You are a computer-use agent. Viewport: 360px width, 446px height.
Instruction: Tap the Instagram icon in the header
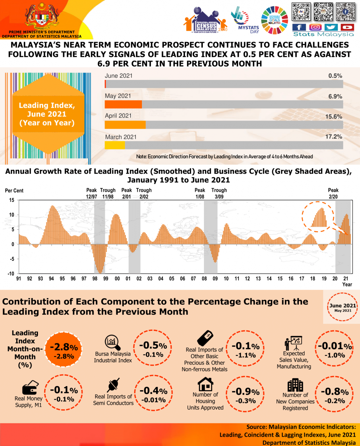coord(315,27)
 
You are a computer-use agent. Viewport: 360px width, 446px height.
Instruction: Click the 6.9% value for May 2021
coord(335,96)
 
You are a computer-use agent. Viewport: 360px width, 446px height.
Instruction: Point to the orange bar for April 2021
coord(125,125)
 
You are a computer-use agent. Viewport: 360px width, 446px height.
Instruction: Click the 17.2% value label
coord(334,137)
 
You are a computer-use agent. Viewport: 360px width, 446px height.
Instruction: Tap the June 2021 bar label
coord(119,76)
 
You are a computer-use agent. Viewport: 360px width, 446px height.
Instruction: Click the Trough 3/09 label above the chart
coord(219,193)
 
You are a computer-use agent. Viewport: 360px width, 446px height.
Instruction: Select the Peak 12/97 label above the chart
coord(91,193)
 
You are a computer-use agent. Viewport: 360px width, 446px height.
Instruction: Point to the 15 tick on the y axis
coord(12,200)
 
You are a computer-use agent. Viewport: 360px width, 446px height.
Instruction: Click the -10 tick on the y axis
coord(11,274)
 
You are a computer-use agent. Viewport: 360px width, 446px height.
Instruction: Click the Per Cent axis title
coord(14,191)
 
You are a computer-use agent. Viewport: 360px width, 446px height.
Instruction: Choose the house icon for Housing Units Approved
coord(205,383)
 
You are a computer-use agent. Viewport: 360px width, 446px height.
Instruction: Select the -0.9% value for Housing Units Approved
coord(246,391)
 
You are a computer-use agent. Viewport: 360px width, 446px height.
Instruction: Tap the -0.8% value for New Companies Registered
coord(334,391)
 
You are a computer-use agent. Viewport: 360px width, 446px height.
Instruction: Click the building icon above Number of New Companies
coord(295,385)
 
